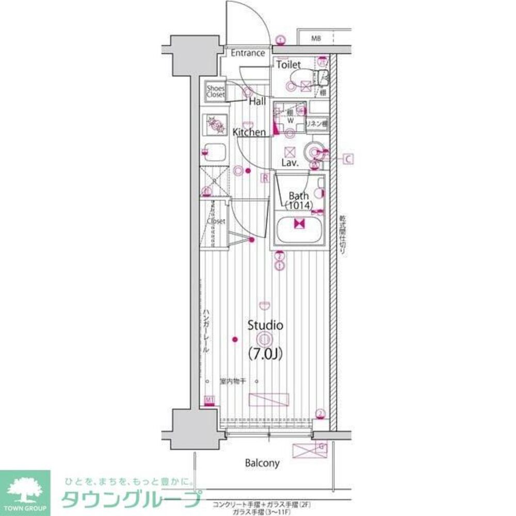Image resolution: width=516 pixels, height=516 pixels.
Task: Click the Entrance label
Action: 247,53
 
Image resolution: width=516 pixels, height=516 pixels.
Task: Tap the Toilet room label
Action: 288,65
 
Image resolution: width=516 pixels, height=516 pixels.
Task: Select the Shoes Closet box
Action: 216,92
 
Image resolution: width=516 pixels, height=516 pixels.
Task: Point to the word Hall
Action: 257,102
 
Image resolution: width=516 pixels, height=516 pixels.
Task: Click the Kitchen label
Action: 249,133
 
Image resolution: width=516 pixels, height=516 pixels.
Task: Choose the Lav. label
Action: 291,163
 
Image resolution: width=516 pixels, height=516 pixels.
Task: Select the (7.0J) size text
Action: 265,354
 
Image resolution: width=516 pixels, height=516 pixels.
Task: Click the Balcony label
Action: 262,463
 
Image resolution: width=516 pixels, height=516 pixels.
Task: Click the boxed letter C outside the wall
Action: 348,159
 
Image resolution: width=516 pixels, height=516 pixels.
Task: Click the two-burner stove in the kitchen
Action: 214,124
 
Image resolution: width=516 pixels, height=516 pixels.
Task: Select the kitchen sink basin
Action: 214,153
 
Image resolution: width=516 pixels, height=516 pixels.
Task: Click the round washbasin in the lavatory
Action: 313,151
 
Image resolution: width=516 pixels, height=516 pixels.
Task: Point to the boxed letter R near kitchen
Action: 265,178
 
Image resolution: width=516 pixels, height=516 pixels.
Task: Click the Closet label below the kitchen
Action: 216,221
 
